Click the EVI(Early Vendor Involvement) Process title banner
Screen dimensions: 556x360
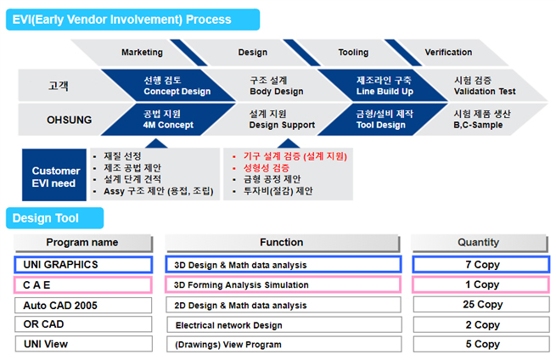pos(132,20)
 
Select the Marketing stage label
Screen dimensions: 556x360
pos(142,52)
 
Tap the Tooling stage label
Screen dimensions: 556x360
pos(353,52)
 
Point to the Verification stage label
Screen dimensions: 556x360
pos(448,52)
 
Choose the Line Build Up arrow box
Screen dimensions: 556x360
pos(384,86)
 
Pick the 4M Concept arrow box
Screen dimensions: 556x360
pos(168,120)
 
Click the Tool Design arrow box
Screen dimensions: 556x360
pos(383,120)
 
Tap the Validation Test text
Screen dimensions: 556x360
pos(485,92)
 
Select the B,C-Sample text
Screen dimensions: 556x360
pos(478,125)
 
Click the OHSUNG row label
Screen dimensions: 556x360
pos(69,120)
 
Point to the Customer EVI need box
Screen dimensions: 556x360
pos(54,175)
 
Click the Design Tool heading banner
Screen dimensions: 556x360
pos(54,218)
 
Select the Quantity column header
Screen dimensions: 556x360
pos(479,243)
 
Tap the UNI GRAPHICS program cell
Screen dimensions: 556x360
pos(83,265)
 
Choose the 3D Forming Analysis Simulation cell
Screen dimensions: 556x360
pos(283,284)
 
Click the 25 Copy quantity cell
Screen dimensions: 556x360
pos(481,305)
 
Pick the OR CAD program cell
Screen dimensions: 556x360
pos(83,324)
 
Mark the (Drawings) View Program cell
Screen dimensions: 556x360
pos(284,345)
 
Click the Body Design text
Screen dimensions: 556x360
pos(277,92)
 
